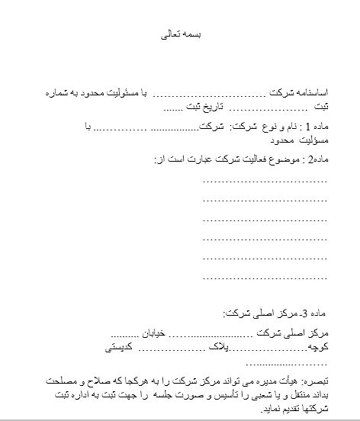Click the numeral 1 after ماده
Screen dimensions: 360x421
pos(297,128)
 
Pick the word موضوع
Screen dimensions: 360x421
pos(277,159)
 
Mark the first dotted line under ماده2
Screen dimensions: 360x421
pos(265,181)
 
